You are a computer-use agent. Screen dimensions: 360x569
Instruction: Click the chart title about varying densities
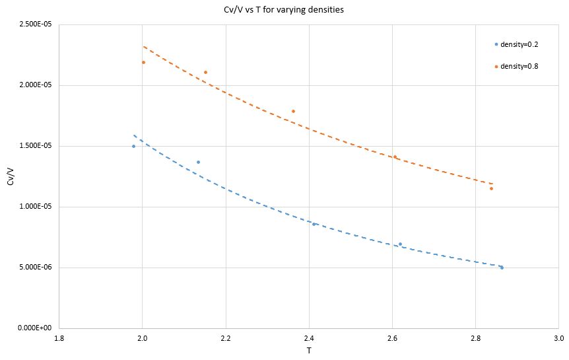[x=284, y=11]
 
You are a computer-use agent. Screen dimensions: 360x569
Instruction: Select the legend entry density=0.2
[x=518, y=44]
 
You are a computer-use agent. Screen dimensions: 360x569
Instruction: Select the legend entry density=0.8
[x=518, y=66]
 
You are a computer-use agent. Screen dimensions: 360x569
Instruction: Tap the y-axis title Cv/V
[x=11, y=176]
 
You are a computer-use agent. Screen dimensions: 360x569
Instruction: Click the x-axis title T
[x=308, y=351]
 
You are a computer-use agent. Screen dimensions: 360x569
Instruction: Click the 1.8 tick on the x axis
[x=59, y=338]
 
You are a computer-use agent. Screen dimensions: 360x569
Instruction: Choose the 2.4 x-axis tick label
[x=309, y=338]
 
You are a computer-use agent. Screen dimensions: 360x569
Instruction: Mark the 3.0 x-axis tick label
[x=558, y=338]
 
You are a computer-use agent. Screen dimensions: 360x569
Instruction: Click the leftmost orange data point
[x=143, y=62]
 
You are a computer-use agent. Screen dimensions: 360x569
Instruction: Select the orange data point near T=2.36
[x=293, y=111]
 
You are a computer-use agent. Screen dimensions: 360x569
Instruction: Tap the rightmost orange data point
[x=491, y=188]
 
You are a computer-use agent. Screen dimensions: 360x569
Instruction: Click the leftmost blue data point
[x=133, y=146]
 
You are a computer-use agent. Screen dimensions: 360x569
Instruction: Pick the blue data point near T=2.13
[x=198, y=162]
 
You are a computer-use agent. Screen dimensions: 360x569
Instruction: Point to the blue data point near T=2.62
[x=400, y=244]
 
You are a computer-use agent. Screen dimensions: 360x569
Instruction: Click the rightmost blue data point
[x=502, y=268]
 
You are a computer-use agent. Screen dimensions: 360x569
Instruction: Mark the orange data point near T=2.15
[x=205, y=72]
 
